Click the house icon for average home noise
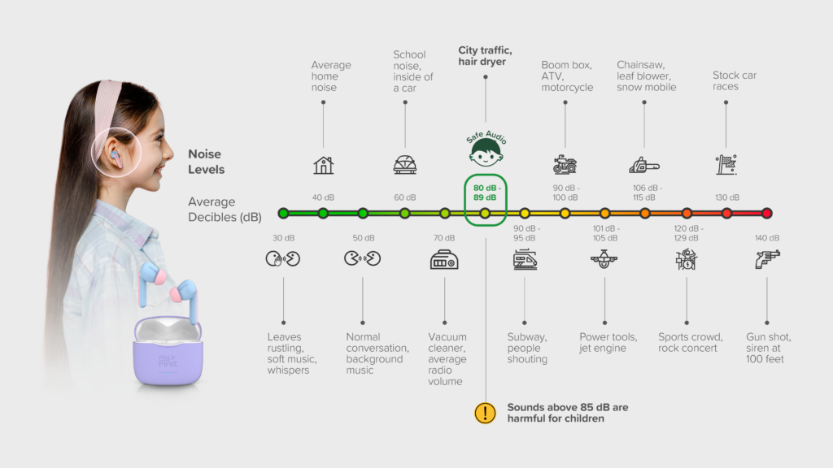click(x=323, y=165)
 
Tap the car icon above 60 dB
click(x=405, y=165)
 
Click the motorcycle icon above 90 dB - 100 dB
click(x=565, y=164)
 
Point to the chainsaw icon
click(x=644, y=166)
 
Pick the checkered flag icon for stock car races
click(x=726, y=164)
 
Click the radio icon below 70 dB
click(x=444, y=259)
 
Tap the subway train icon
click(x=525, y=259)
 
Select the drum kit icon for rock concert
click(x=687, y=259)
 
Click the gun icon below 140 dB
click(x=767, y=259)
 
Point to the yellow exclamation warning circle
click(x=485, y=413)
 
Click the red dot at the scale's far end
click(x=766, y=214)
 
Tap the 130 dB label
click(x=726, y=197)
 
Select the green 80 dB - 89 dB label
click(x=485, y=193)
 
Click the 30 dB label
click(x=284, y=238)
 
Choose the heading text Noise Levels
click(x=206, y=162)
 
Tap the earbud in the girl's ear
click(x=116, y=158)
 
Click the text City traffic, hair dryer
click(x=485, y=56)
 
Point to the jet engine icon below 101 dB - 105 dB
click(x=604, y=259)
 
